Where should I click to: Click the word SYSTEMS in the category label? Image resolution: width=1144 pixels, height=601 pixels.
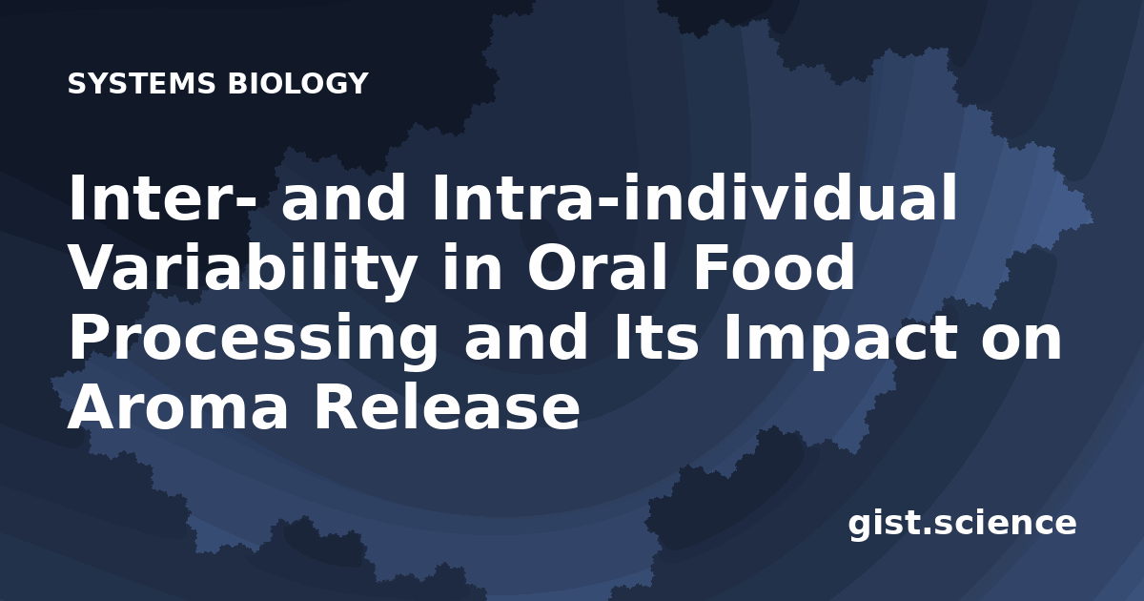pos(141,83)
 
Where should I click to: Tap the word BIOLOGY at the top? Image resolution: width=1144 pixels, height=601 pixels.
pos(297,83)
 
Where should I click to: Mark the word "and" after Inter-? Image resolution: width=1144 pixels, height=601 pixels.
pos(344,197)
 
